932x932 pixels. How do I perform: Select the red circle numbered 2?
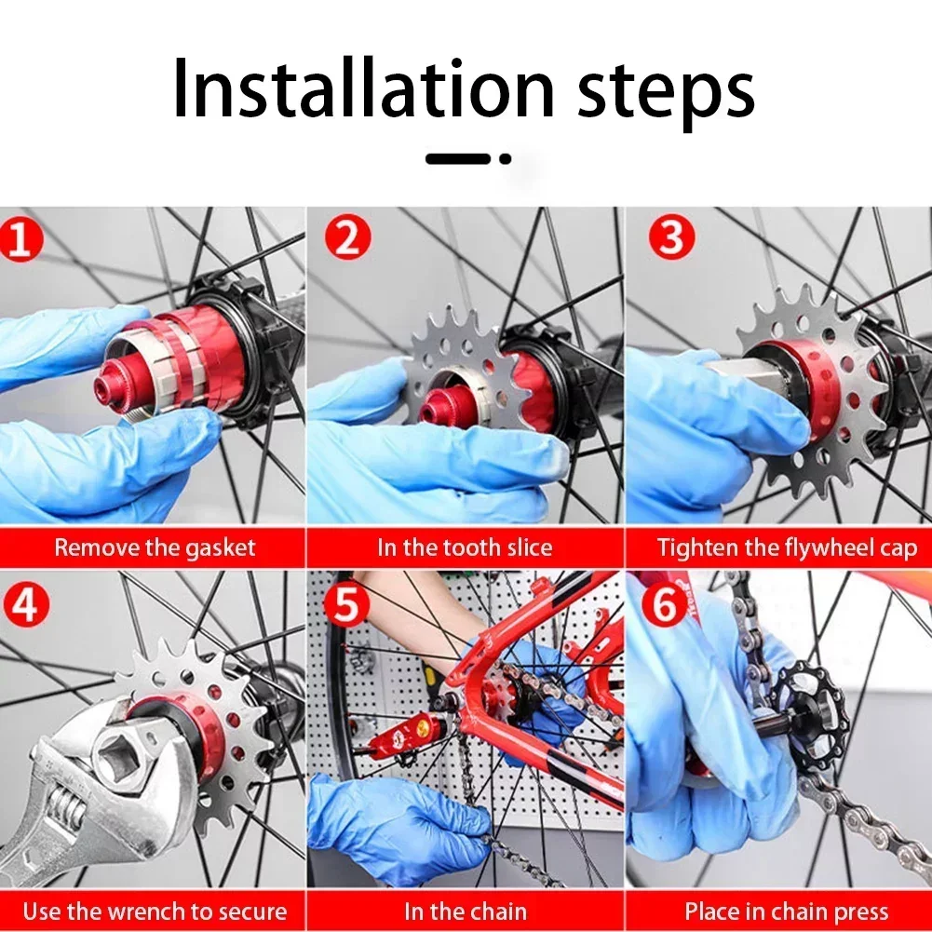[x=347, y=237]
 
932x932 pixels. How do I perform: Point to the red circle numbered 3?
[x=671, y=236]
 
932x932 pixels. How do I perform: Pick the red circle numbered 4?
[x=26, y=604]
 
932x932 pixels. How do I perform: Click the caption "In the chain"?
[x=466, y=912]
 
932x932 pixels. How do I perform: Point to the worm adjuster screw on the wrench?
[x=64, y=811]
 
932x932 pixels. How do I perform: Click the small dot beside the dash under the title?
[x=506, y=158]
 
